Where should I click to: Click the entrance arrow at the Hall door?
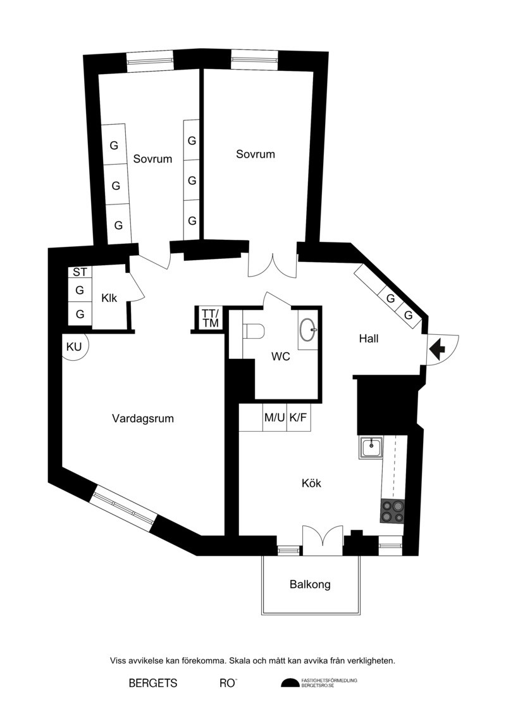[437, 350]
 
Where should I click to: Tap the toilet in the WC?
[254, 331]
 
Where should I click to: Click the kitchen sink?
[371, 448]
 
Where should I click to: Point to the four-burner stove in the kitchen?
[392, 511]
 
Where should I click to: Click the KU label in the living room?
[74, 347]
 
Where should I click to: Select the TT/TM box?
[211, 318]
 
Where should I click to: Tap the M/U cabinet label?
[275, 417]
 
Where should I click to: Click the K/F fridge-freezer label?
[298, 417]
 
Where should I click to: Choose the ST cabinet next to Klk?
[80, 273]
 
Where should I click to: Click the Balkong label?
[311, 584]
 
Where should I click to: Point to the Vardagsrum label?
[143, 418]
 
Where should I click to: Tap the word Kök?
[311, 482]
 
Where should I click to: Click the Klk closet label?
[109, 298]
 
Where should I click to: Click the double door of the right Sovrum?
[273, 265]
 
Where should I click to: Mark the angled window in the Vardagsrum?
[123, 510]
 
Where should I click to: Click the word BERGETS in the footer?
[153, 683]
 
